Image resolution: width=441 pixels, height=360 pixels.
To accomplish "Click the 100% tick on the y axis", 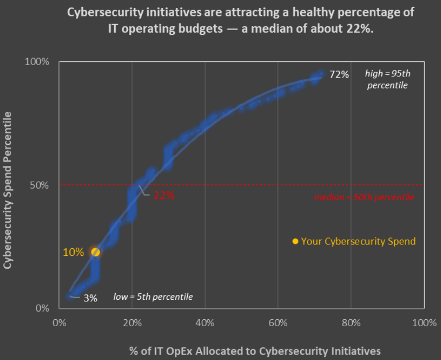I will coord(38,62).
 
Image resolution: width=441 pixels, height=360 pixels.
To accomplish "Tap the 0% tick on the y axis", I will coord(42,308).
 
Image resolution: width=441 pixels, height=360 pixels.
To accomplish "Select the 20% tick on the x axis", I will coord(132,323).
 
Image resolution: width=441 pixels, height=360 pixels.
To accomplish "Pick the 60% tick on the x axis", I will coord(278,323).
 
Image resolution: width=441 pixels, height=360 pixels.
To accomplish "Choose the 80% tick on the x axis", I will coord(351,323).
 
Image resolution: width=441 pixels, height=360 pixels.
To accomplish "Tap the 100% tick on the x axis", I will coord(423,323).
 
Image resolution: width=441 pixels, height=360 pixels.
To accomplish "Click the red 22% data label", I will coord(164,196).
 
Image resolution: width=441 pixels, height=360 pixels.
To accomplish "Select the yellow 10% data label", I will coord(73,252).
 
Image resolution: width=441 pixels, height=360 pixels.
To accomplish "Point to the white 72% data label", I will coord(339,75).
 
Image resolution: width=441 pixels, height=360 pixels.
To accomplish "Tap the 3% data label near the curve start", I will coord(90,298).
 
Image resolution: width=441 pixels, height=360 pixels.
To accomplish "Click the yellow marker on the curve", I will coord(95,252).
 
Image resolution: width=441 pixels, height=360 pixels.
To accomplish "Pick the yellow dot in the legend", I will coord(295,241).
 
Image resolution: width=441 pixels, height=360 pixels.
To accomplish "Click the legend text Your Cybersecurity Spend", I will coord(358,241).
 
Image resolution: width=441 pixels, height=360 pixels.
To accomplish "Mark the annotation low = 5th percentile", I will coord(153,297).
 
